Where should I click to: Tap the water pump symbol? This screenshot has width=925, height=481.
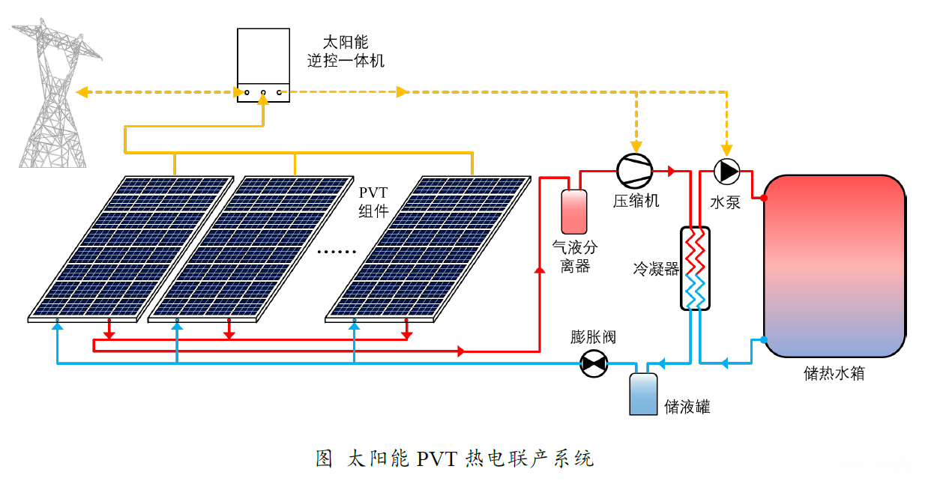[726, 171]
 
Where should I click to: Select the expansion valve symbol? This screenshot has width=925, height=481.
[594, 364]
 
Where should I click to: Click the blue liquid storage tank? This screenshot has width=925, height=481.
[642, 393]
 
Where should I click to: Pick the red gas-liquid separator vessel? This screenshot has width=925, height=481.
[576, 212]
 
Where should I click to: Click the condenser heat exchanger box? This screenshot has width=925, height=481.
[695, 267]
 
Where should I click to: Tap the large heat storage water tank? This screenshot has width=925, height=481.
[834, 266]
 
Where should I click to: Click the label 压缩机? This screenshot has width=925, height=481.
[636, 201]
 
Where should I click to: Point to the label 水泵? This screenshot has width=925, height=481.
[725, 202]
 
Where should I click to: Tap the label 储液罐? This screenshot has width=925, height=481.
[687, 407]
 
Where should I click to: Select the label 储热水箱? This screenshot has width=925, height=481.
[834, 372]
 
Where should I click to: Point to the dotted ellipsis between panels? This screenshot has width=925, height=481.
[337, 252]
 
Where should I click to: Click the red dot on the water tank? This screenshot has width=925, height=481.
[764, 198]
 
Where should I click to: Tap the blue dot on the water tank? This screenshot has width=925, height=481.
[764, 339]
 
